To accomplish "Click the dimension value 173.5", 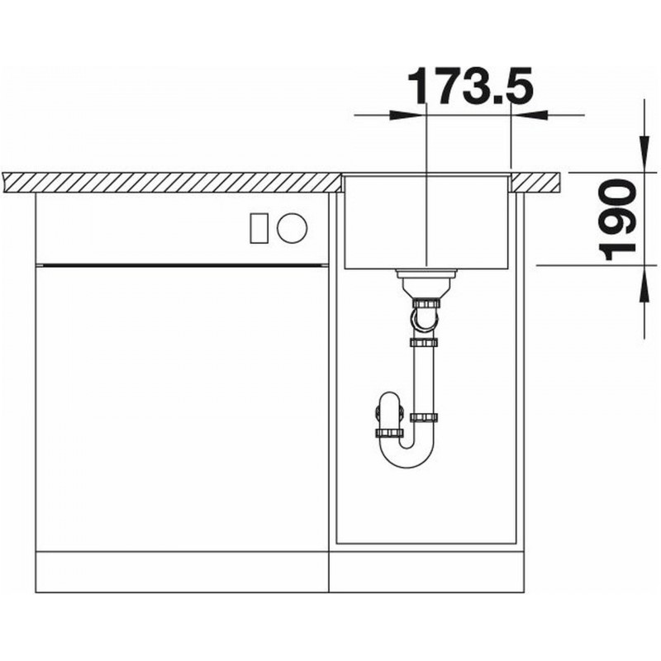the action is coord(470,86).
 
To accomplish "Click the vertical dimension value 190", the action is coord(617,220).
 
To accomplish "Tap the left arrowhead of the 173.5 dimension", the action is coord(406,115).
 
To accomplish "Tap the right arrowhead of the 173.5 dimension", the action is coord(530,115).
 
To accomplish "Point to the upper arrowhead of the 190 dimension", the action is coord(644,154).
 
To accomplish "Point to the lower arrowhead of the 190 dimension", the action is coord(644,285).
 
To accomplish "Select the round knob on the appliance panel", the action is coord(292,228).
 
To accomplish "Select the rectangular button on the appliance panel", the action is coord(259,228).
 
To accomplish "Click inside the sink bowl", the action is coord(426,222).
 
